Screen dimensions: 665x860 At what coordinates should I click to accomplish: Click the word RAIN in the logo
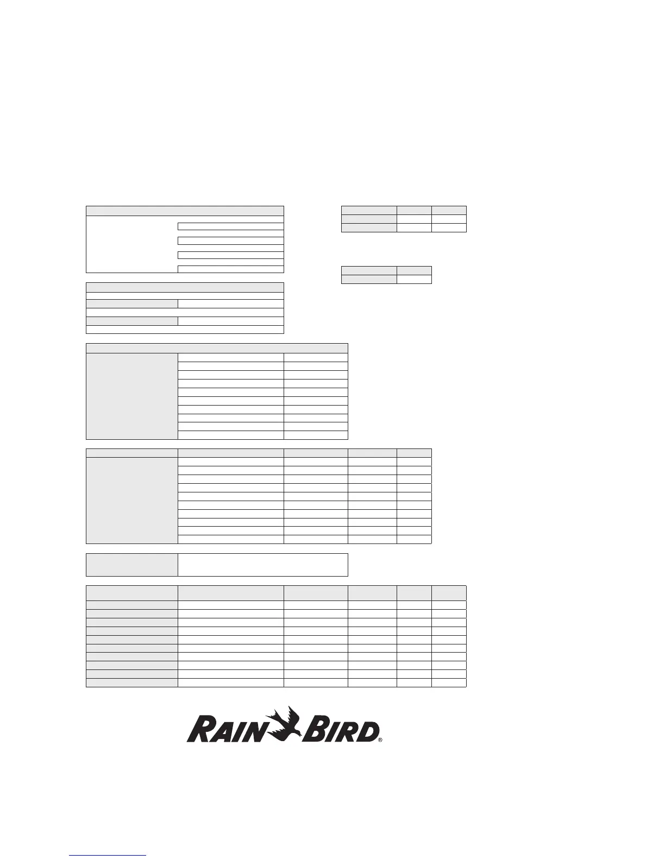(230, 730)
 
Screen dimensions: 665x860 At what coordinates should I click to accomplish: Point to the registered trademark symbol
(381, 739)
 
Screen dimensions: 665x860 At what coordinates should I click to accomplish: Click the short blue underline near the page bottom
(108, 855)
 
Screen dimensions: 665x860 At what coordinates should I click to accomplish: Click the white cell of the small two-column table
(414, 279)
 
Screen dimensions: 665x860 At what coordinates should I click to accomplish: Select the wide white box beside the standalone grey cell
(262, 565)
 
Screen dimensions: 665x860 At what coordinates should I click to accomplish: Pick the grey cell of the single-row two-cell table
(131, 565)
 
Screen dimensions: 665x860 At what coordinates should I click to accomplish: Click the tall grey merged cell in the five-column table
(131, 500)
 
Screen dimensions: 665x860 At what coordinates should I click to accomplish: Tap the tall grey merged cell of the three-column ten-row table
(131, 396)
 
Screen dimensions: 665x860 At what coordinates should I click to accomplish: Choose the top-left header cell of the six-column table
(131, 593)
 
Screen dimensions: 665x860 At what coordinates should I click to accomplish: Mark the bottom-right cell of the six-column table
(449, 682)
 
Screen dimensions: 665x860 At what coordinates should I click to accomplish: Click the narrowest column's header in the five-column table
(414, 453)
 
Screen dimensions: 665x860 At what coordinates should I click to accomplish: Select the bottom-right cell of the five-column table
(414, 539)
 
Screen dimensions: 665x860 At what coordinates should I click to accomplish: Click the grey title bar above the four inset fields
(185, 211)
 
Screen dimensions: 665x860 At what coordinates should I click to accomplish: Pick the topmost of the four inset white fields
(230, 226)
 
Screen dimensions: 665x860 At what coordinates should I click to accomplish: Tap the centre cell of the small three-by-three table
(414, 219)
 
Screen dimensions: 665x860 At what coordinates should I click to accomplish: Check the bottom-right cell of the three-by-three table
(449, 227)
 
